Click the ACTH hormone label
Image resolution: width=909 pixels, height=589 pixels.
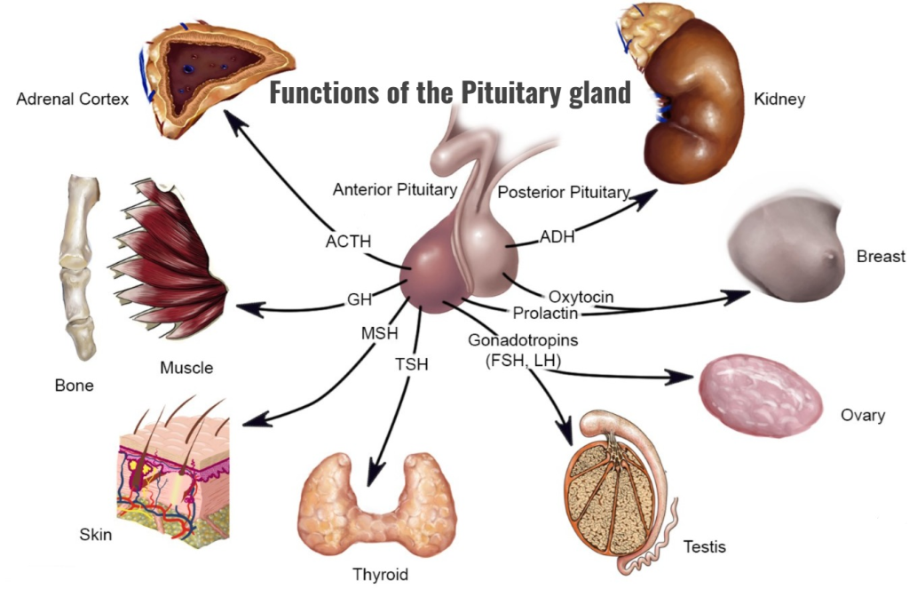(348, 241)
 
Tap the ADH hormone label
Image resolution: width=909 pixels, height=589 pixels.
(557, 237)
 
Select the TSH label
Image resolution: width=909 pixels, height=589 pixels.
(412, 364)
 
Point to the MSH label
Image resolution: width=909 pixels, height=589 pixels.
(380, 333)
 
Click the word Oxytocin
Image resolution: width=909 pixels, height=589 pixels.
(581, 297)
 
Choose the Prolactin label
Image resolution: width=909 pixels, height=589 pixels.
(546, 314)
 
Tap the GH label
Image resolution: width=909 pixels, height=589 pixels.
(360, 299)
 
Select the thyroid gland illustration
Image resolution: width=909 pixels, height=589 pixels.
(376, 505)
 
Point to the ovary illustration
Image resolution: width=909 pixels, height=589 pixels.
(761, 395)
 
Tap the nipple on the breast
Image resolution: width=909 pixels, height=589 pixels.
(830, 255)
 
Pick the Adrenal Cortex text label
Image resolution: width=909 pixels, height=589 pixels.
(73, 99)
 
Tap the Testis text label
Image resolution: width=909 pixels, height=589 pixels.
(704, 546)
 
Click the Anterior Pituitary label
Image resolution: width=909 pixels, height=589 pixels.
(395, 190)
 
